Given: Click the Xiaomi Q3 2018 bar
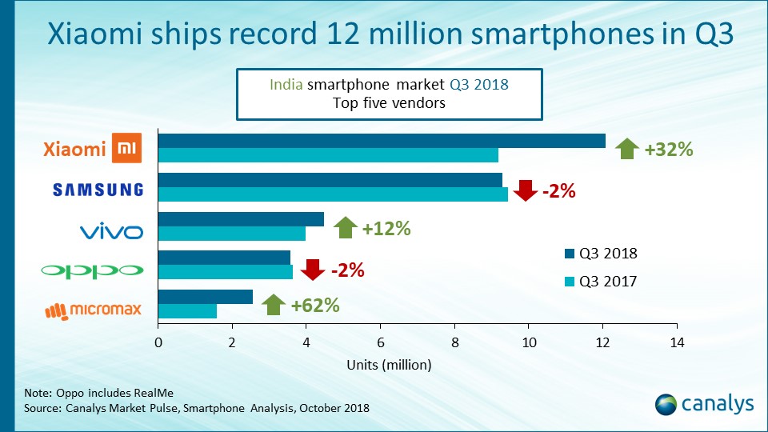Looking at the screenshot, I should [x=382, y=142].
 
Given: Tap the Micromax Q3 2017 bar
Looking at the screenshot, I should [x=187, y=311].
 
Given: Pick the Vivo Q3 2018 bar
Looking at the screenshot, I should [x=241, y=219].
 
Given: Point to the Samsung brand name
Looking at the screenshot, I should [x=98, y=190].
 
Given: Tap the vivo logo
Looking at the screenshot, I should [x=111, y=232].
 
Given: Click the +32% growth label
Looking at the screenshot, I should [x=668, y=149].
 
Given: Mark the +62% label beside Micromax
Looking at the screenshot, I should [x=315, y=305].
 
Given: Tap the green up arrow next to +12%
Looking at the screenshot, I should [x=345, y=228].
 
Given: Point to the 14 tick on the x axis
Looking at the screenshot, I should [x=677, y=342].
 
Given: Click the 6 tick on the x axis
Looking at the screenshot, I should [x=381, y=342].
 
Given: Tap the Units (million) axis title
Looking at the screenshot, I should [x=389, y=365].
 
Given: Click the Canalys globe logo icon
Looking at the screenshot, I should [x=666, y=404].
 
